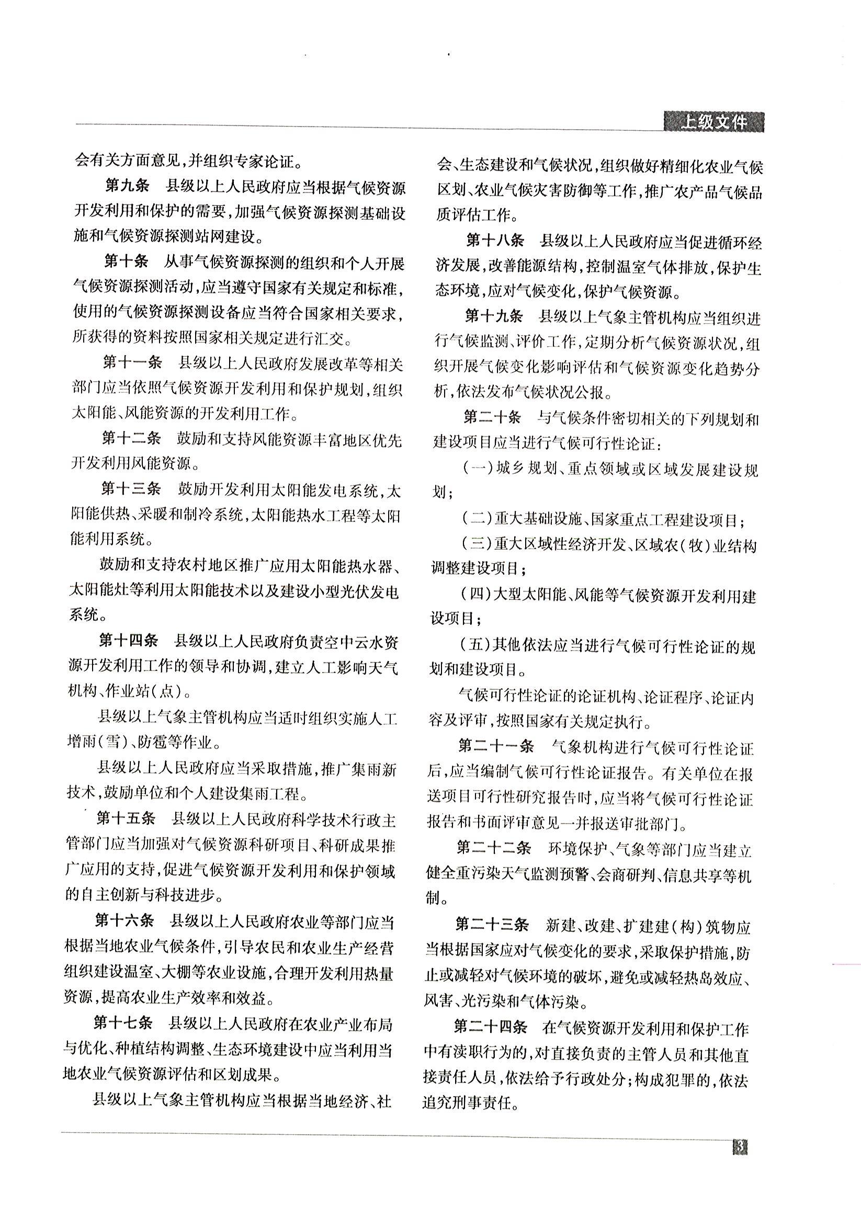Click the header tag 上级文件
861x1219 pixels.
pyautogui.click(x=713, y=123)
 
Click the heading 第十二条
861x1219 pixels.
pyautogui.click(x=131, y=439)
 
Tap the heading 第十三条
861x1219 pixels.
pyautogui.click(x=131, y=488)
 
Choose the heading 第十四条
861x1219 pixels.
pyautogui.click(x=129, y=641)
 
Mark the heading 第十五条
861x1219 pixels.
pyautogui.click(x=127, y=818)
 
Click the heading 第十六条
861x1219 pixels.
pyautogui.click(x=124, y=919)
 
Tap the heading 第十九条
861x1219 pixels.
pyautogui.click(x=494, y=316)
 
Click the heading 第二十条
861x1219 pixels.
pyautogui.click(x=492, y=418)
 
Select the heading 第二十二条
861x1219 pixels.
pyautogui.click(x=494, y=848)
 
